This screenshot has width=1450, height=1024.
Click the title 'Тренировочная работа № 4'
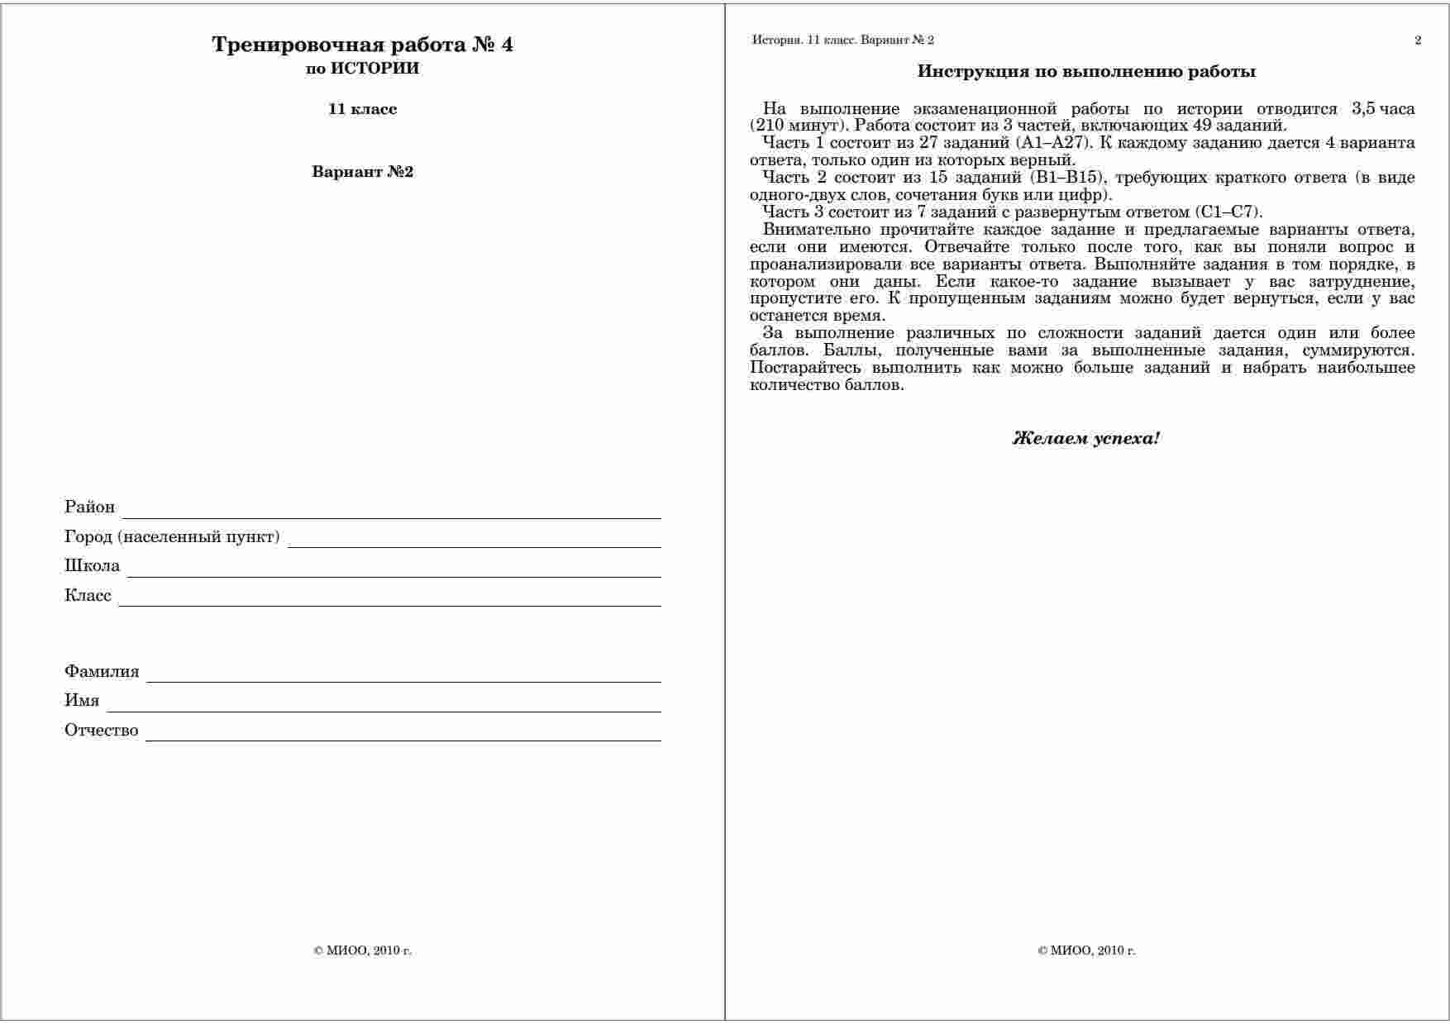tap(362, 45)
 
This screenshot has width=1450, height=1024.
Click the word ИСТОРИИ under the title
tap(374, 69)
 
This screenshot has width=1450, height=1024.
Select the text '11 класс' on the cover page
tap(362, 109)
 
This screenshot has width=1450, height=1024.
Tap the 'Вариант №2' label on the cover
tap(362, 172)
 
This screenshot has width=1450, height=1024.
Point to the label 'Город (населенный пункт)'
tap(172, 537)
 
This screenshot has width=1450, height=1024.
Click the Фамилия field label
tap(102, 671)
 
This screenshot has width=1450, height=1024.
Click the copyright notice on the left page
tap(362, 950)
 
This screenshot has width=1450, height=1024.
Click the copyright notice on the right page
tap(1086, 950)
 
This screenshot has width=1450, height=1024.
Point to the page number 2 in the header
tap(1418, 40)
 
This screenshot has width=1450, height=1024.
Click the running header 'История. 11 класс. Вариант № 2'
tap(843, 40)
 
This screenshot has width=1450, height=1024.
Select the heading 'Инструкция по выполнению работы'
tap(1086, 72)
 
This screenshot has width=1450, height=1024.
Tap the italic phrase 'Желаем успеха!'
tap(1086, 438)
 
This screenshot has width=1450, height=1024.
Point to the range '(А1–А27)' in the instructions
tap(1052, 143)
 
